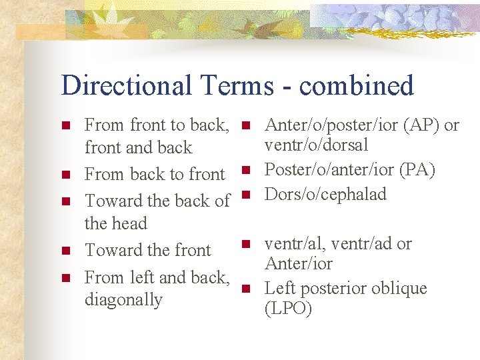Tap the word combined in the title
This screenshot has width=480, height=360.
(x=357, y=86)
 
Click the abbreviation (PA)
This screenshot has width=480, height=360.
(x=418, y=170)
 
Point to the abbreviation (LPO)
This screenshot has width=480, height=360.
(x=288, y=309)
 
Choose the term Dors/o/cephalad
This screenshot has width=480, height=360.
(x=326, y=194)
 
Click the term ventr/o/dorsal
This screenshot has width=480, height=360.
(x=316, y=145)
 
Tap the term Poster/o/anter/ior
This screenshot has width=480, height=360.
(x=331, y=170)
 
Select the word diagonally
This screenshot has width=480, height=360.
(x=123, y=300)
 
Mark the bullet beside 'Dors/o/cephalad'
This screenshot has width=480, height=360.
(x=246, y=195)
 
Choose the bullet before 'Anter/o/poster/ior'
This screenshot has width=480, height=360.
(x=246, y=125)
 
